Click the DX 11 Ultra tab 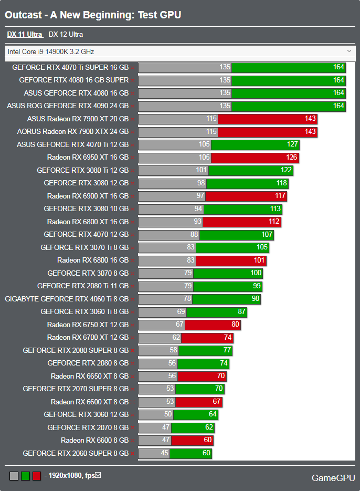25,35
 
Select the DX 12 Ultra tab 66,35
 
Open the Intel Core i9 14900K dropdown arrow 350,51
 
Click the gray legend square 14,476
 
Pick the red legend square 37,476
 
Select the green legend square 25,476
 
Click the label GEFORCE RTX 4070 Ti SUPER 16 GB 70,67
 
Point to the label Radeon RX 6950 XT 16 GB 88,157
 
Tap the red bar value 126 292,158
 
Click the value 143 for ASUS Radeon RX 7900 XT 310,119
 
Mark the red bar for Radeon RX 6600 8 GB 192,440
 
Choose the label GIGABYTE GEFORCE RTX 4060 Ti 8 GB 67,299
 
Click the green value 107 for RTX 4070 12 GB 267,235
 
